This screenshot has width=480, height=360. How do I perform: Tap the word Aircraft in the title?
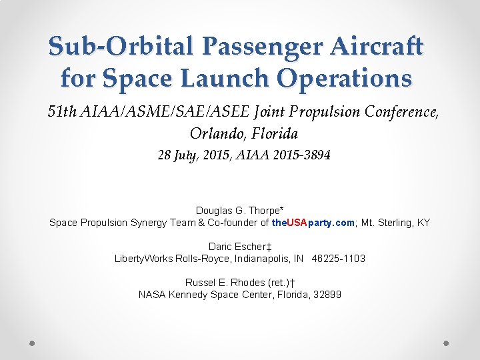pyautogui.click(x=379, y=47)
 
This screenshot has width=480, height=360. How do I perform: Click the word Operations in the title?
pyautogui.click(x=345, y=79)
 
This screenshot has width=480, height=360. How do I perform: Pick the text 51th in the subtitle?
pyautogui.click(x=62, y=111)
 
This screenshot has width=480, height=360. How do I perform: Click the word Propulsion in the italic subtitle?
pyautogui.click(x=320, y=111)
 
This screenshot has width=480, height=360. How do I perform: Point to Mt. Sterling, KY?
pyautogui.click(x=395, y=222)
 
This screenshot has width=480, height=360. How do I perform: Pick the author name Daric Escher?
pyautogui.click(x=237, y=247)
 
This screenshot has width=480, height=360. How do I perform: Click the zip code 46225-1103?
pyautogui.click(x=338, y=258)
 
